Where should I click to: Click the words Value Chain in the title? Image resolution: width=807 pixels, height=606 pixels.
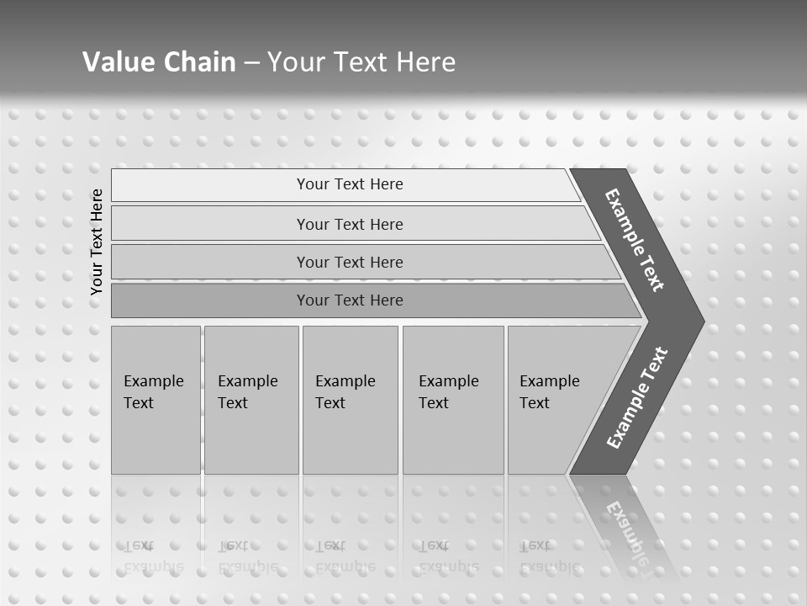(159, 61)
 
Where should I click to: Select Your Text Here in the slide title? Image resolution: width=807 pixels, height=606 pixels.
(361, 61)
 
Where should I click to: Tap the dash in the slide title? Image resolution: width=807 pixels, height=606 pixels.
(251, 62)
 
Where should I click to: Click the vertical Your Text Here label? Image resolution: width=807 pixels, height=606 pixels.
(97, 242)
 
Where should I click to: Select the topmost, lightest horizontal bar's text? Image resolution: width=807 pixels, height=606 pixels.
(350, 184)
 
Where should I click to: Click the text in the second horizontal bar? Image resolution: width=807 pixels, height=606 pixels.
(350, 224)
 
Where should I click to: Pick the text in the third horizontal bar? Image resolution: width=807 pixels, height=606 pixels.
(350, 262)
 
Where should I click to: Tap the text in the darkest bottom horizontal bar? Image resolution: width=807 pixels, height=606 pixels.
(350, 300)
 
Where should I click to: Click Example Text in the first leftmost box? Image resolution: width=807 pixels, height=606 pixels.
(153, 391)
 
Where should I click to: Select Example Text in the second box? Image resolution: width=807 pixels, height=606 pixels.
(247, 391)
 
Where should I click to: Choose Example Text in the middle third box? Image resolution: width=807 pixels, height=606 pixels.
(345, 391)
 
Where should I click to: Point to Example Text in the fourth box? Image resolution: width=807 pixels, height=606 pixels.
(448, 391)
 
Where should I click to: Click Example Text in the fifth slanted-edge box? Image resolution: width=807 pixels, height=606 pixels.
(549, 391)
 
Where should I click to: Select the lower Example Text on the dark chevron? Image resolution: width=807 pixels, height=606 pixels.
(637, 398)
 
